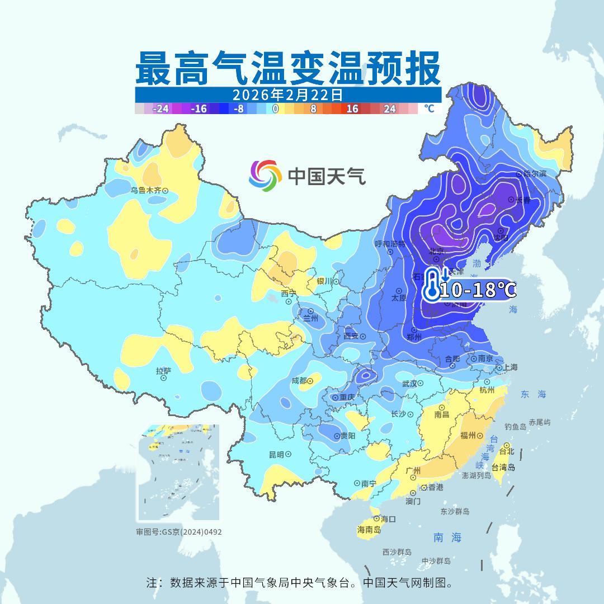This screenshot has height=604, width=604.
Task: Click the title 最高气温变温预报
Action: pyautogui.click(x=287, y=68)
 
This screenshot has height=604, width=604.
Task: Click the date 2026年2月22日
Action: pyautogui.click(x=287, y=95)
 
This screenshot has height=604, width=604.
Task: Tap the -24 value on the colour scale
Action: pyautogui.click(x=161, y=108)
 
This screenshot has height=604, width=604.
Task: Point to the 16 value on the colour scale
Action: pyautogui.click(x=352, y=108)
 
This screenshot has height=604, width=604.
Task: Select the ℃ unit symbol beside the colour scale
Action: pyautogui.click(x=428, y=108)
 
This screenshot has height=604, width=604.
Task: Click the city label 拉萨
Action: pyautogui.click(x=163, y=370)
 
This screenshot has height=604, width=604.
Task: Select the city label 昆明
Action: pyautogui.click(x=276, y=454)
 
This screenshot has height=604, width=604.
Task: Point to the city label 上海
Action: pyautogui.click(x=509, y=367)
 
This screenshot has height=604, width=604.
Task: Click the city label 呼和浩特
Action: pyautogui.click(x=390, y=244)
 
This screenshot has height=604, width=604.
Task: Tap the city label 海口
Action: pyautogui.click(x=388, y=519)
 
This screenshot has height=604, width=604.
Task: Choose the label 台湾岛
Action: pyautogui.click(x=503, y=468)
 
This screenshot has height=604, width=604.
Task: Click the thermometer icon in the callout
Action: pyautogui.click(x=431, y=285)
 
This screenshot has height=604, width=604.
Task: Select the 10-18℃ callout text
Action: pyautogui.click(x=477, y=290)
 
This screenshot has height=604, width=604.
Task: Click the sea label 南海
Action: pyautogui.click(x=447, y=537)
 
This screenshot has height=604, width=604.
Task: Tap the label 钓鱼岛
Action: pyautogui.click(x=515, y=427)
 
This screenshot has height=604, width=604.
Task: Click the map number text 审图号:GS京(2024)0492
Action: pyautogui.click(x=179, y=532)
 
